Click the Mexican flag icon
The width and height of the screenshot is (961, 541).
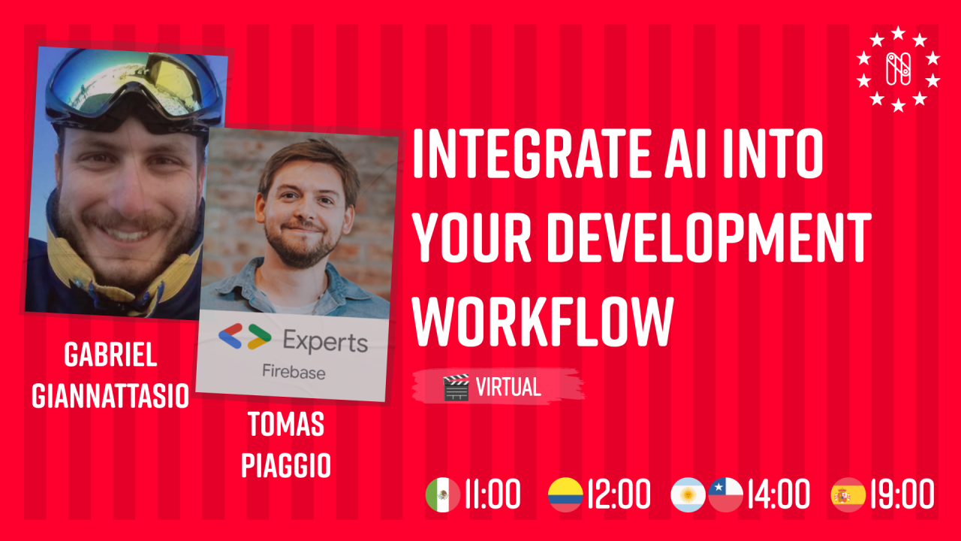tap(442, 495)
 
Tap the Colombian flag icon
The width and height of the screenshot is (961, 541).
tap(565, 495)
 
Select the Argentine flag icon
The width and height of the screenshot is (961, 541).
tap(688, 495)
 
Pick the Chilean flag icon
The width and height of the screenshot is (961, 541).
tap(726, 495)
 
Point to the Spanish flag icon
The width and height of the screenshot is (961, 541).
tap(848, 495)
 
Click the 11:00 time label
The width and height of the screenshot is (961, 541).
tap(493, 495)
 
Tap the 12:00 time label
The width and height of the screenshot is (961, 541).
tap(619, 495)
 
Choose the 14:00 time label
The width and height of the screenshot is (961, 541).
tap(779, 495)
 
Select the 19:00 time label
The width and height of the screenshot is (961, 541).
tap(902, 495)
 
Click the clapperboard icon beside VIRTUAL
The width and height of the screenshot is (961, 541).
tap(456, 388)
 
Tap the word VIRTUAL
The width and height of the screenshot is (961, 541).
tap(508, 388)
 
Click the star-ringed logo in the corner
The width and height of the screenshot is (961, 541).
tap(898, 69)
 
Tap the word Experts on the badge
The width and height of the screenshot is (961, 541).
tap(325, 342)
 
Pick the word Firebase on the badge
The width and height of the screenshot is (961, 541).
tap(294, 370)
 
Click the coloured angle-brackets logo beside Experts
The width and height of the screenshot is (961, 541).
tap(244, 337)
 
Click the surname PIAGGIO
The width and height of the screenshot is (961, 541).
tap(286, 465)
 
